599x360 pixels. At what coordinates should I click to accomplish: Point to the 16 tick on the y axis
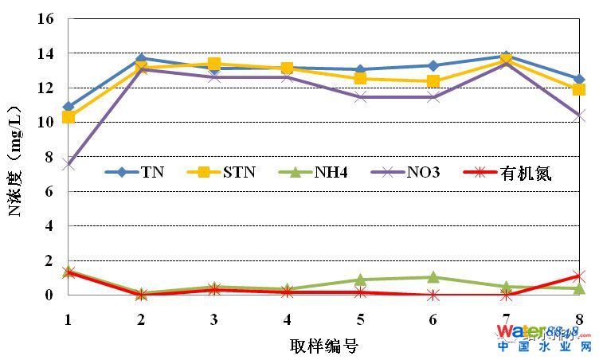[45, 19]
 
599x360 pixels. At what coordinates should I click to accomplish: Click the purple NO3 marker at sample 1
[69, 165]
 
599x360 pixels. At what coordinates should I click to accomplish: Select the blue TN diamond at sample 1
[69, 107]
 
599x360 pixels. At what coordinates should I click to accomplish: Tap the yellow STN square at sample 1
[69, 117]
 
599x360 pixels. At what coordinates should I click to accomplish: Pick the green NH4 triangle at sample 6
[433, 277]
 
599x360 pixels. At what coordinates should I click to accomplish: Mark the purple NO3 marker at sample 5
[360, 97]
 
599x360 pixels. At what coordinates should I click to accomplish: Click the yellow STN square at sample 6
[433, 81]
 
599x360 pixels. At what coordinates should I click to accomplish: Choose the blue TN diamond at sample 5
[360, 70]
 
